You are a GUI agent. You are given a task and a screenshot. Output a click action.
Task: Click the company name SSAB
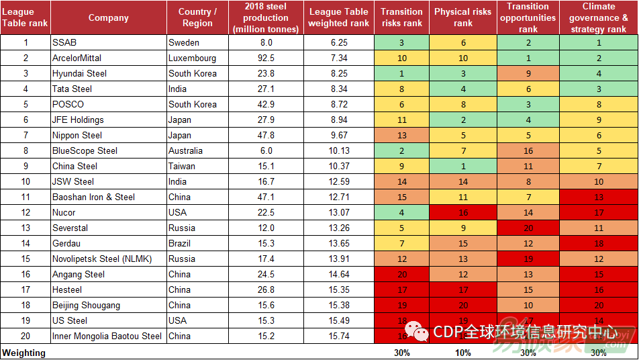click(x=64, y=42)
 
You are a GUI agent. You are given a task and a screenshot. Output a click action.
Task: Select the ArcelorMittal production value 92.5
click(x=266, y=58)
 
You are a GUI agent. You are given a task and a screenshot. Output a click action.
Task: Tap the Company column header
click(x=108, y=17)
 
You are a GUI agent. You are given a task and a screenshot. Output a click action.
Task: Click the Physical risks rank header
click(x=463, y=17)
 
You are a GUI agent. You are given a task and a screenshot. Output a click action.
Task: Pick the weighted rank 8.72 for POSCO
click(x=339, y=104)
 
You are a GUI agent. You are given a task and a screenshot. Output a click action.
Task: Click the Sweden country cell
click(x=184, y=42)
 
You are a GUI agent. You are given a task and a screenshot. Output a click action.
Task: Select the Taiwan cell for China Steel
click(x=182, y=166)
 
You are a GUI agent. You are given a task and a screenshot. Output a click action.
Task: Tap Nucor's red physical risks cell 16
click(x=463, y=212)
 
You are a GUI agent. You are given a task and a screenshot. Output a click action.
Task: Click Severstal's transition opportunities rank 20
click(x=528, y=228)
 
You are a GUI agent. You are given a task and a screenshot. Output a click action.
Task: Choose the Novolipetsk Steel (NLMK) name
click(x=102, y=259)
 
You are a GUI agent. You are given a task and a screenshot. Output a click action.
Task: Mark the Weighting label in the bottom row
click(x=24, y=353)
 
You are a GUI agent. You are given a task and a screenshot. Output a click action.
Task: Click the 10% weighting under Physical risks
click(x=463, y=353)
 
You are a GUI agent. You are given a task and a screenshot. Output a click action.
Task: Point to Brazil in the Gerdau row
click(x=180, y=243)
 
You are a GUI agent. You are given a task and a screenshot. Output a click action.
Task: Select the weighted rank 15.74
click(x=339, y=336)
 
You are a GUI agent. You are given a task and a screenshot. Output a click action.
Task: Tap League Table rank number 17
click(x=26, y=289)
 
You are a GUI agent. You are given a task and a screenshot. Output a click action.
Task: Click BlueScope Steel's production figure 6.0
click(x=266, y=150)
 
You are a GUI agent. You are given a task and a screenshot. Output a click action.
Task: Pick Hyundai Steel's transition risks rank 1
click(x=401, y=73)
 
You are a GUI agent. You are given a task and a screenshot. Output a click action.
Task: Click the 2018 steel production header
click(x=266, y=17)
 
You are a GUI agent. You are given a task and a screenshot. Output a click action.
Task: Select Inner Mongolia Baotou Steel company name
click(x=107, y=336)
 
